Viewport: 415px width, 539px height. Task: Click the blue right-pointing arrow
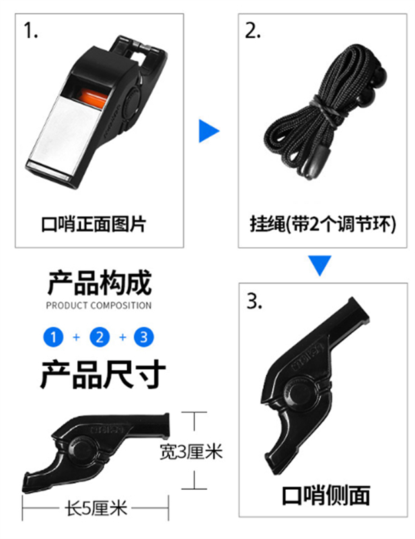(209, 131)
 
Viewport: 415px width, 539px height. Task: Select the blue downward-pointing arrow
(319, 265)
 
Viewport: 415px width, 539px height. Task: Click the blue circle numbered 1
(53, 337)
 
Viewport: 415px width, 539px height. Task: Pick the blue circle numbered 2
(100, 337)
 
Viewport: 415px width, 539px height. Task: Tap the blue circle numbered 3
(144, 337)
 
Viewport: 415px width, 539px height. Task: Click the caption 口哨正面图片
(93, 224)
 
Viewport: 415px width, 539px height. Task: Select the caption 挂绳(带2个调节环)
(323, 224)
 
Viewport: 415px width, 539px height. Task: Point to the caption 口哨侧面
(326, 496)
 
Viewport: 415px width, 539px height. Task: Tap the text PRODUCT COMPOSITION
(99, 305)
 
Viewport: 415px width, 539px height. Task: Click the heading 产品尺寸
(103, 374)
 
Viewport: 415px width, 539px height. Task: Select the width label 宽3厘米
(191, 451)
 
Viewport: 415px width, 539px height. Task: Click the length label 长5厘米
(96, 508)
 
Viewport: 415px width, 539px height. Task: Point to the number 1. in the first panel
(30, 30)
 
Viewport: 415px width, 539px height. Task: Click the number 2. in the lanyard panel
(252, 30)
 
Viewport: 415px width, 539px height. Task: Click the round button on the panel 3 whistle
(300, 393)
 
